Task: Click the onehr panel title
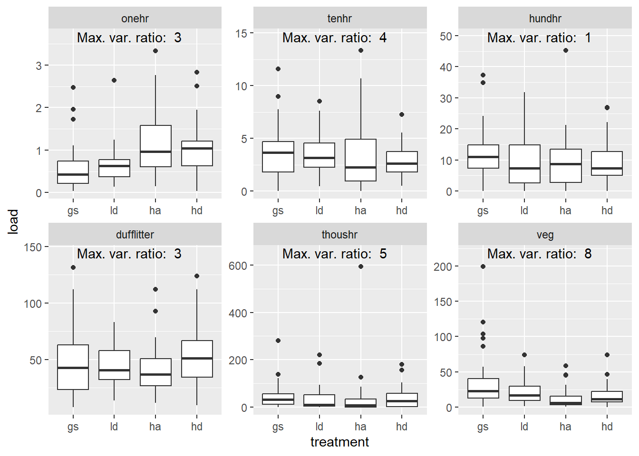click(x=135, y=19)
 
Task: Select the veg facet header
click(x=545, y=235)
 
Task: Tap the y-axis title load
click(x=13, y=221)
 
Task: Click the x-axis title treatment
click(x=339, y=442)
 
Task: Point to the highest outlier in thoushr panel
click(x=361, y=266)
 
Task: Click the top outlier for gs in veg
click(x=483, y=266)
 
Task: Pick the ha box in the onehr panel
click(x=155, y=146)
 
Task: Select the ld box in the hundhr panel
click(x=524, y=164)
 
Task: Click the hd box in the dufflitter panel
click(x=197, y=359)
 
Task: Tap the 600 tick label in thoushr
click(x=238, y=266)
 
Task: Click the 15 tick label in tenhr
click(x=241, y=33)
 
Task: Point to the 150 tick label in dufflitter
click(x=33, y=247)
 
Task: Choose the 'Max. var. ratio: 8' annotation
click(x=539, y=254)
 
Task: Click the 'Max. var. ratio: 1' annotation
click(x=539, y=38)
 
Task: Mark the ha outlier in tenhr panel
click(x=361, y=50)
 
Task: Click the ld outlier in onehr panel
click(x=114, y=80)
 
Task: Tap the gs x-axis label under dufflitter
click(x=73, y=427)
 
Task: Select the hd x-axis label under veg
click(x=607, y=427)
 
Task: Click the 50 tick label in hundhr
click(x=446, y=36)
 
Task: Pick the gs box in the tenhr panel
click(x=278, y=157)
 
